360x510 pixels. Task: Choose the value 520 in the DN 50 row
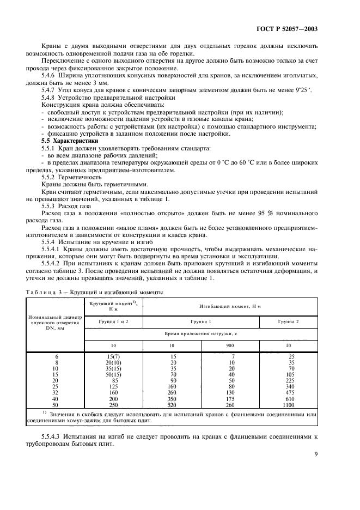172,405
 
